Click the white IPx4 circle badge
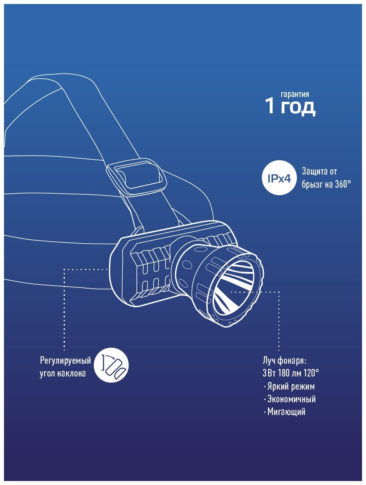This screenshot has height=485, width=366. coord(278,179)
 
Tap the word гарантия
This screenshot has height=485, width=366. coord(295,94)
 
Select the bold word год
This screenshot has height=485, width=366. coord(298,107)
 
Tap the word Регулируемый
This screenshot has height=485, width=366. coord(66,361)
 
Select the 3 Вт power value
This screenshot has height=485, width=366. coord(267,374)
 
